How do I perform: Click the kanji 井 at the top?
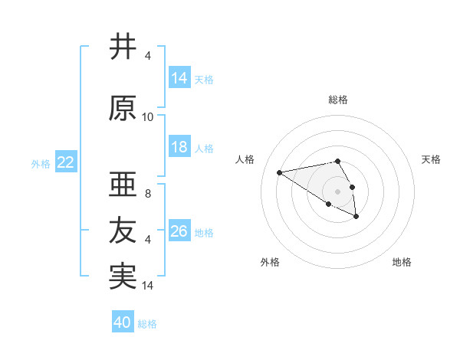123,47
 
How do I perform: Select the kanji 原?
123,109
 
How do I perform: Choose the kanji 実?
123,276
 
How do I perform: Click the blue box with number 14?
179,78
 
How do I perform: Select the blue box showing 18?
179,147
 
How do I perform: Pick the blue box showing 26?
179,231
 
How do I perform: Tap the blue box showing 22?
66,162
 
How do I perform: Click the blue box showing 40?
123,322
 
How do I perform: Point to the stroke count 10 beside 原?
148,117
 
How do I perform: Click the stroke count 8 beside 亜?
148,193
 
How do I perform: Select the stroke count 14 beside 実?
148,286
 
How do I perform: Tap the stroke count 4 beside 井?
148,56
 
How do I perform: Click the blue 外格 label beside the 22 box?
41,163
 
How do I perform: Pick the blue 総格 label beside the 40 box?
147,323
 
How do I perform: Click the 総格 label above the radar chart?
338,100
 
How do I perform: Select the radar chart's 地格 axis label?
402,262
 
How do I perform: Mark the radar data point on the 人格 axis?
280,172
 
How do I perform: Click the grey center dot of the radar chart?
338,191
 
